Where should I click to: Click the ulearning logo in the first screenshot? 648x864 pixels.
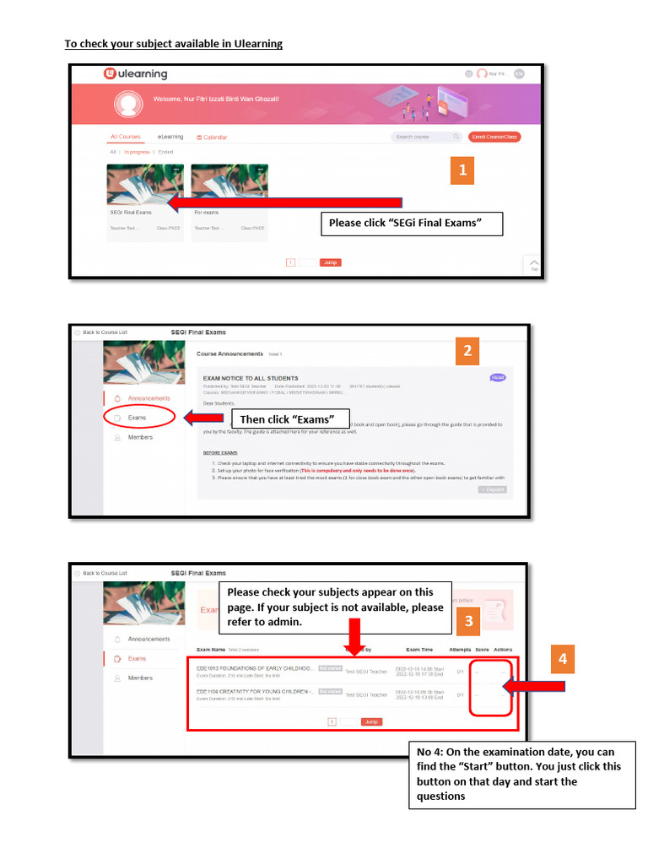[135, 74]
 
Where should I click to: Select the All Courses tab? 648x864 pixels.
[126, 137]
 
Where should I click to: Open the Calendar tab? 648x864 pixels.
[212, 137]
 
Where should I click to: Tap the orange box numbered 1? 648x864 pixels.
[462, 170]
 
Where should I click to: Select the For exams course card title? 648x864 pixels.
[207, 213]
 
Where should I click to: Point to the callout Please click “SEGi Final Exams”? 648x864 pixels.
[411, 224]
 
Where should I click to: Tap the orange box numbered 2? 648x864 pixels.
[468, 351]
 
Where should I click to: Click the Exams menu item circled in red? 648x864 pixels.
[138, 418]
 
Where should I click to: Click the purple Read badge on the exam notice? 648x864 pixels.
[497, 378]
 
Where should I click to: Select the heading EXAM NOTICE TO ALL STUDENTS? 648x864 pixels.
[251, 378]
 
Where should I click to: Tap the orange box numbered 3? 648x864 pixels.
[467, 623]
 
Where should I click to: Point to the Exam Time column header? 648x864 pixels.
[419, 650]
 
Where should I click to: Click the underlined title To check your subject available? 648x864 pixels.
[174, 44]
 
